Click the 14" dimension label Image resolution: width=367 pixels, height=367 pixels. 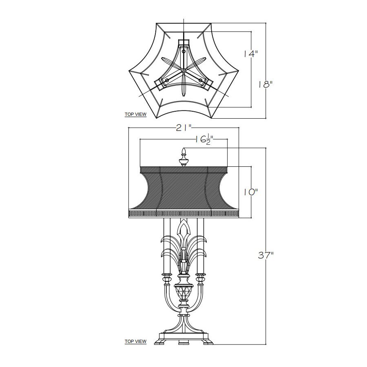[250, 54]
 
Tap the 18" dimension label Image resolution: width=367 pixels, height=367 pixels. [265, 84]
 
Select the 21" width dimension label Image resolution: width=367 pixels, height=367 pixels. [184, 128]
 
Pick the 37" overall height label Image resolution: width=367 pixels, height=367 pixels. [266, 255]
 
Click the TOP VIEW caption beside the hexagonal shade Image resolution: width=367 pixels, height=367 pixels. [135, 114]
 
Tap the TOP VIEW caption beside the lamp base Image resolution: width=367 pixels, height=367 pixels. [135, 341]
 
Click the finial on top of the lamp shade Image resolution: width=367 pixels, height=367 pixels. [184, 157]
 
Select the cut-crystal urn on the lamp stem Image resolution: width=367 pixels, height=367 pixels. [184, 293]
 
